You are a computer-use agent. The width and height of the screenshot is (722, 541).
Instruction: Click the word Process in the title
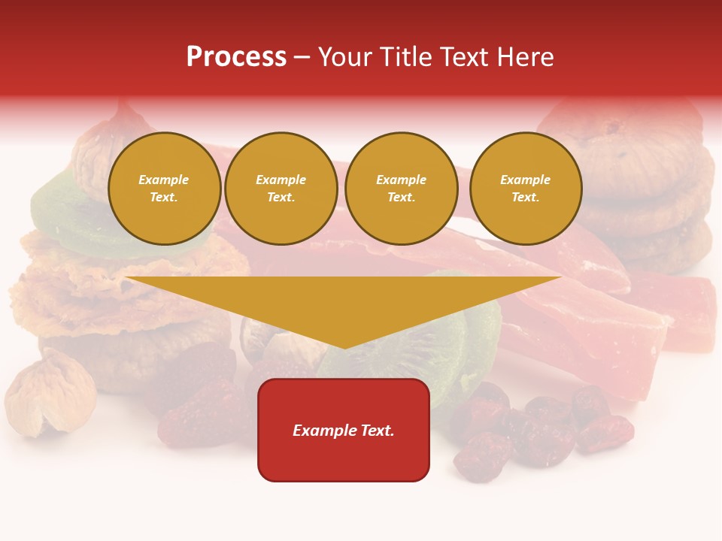coord(236,57)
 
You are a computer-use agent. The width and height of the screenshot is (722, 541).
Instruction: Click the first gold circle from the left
coord(164,189)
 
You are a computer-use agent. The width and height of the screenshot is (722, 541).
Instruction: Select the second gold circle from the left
coord(281,189)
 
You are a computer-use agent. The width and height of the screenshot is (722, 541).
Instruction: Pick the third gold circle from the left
coord(401,189)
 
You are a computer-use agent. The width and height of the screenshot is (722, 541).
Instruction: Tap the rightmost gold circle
coord(526,189)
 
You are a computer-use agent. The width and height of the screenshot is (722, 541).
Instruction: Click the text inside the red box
coord(344,431)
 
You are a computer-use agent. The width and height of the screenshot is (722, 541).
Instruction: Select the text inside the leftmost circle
coord(164,189)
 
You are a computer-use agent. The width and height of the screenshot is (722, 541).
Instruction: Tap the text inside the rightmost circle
coord(526,189)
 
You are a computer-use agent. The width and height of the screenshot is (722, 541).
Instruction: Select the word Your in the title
coord(345,57)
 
